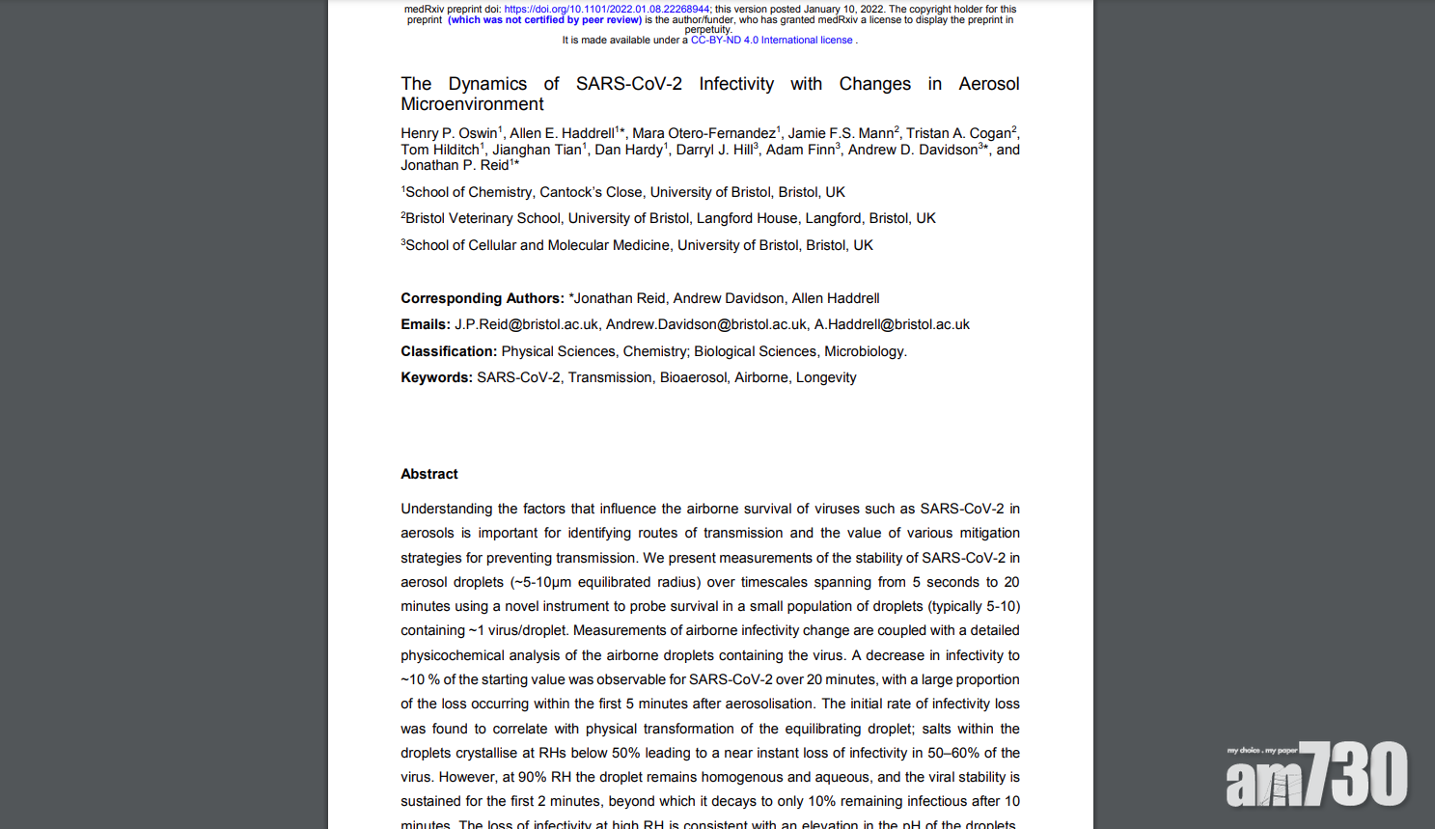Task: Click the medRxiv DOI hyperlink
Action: coord(606,9)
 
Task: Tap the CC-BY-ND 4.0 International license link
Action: coord(771,41)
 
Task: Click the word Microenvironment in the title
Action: coord(472,104)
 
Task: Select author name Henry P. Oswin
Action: coord(449,133)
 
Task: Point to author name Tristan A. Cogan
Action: coord(958,133)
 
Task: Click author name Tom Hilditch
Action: coord(439,150)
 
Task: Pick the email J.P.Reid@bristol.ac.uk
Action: coord(526,324)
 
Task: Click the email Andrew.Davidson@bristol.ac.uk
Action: coord(705,324)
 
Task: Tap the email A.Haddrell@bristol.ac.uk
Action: coord(892,324)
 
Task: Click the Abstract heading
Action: coord(429,474)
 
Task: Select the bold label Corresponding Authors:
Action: coord(482,298)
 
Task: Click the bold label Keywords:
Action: coord(436,377)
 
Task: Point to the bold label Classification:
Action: coord(449,351)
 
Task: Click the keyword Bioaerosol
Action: coord(693,377)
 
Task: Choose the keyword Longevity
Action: coord(825,377)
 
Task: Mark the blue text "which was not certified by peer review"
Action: coord(544,19)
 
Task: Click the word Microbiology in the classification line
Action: coord(864,351)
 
